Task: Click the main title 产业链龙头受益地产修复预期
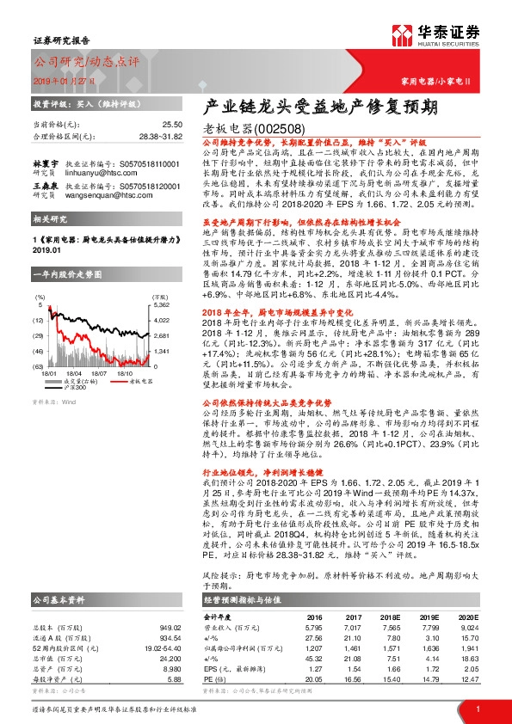(x=320, y=107)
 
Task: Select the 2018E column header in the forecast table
(x=391, y=617)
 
